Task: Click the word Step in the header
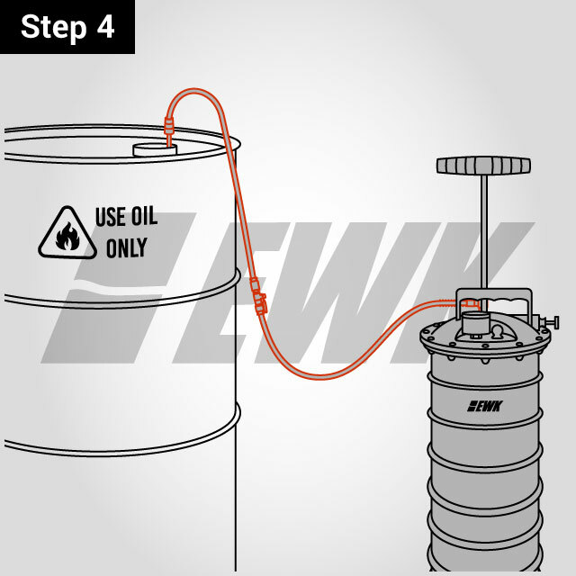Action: (54, 27)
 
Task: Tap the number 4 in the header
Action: (105, 26)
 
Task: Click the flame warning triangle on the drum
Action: (67, 234)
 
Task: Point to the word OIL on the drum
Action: (144, 216)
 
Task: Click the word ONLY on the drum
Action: (127, 247)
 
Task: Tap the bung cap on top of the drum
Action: (155, 150)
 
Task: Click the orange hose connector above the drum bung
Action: (168, 126)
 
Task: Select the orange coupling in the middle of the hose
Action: (258, 296)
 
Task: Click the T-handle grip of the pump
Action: (483, 166)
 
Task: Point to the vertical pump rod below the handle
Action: (484, 231)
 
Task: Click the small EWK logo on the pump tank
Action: (485, 406)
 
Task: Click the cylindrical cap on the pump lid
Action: (474, 323)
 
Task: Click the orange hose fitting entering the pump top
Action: (469, 303)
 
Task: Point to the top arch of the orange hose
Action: (194, 90)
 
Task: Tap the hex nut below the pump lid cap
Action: (474, 336)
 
